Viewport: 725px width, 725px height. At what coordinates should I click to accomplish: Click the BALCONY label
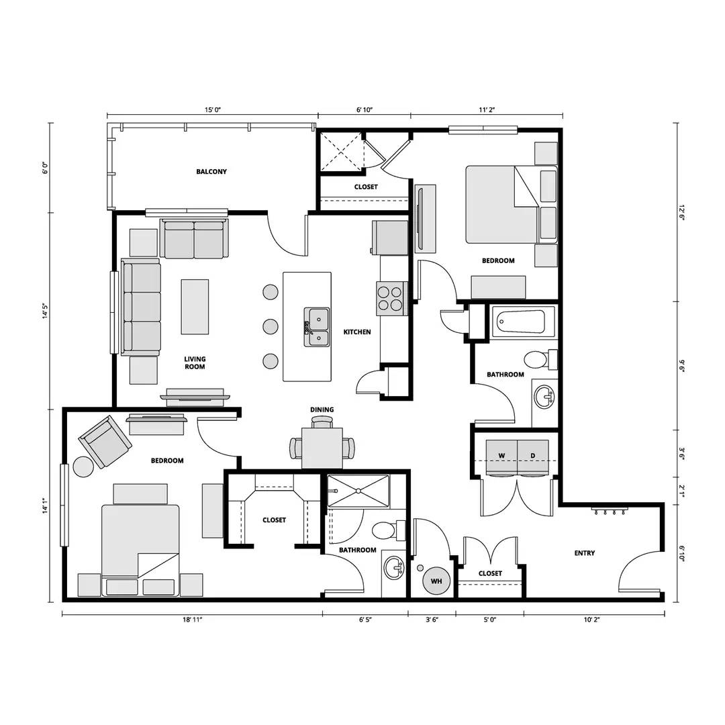[x=211, y=172]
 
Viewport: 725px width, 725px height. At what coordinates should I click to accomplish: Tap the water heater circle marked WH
[x=436, y=581]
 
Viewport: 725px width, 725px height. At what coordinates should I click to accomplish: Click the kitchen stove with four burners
[x=391, y=298]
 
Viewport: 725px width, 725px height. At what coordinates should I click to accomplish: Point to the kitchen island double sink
[x=317, y=328]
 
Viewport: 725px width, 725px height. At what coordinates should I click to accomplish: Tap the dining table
[x=322, y=448]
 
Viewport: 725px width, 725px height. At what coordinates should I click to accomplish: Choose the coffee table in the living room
[x=195, y=307]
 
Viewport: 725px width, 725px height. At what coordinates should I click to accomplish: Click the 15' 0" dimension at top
[x=213, y=109]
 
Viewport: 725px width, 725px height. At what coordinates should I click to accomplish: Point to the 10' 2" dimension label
[x=590, y=621]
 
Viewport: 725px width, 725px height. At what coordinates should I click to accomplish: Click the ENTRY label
[x=584, y=553]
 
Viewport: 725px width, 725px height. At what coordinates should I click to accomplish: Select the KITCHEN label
[x=357, y=332]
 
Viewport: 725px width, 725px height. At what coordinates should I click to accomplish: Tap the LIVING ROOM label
[x=195, y=363]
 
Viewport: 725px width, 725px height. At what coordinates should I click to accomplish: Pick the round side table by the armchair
[x=84, y=467]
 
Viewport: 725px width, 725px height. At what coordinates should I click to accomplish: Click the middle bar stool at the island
[x=270, y=327]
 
